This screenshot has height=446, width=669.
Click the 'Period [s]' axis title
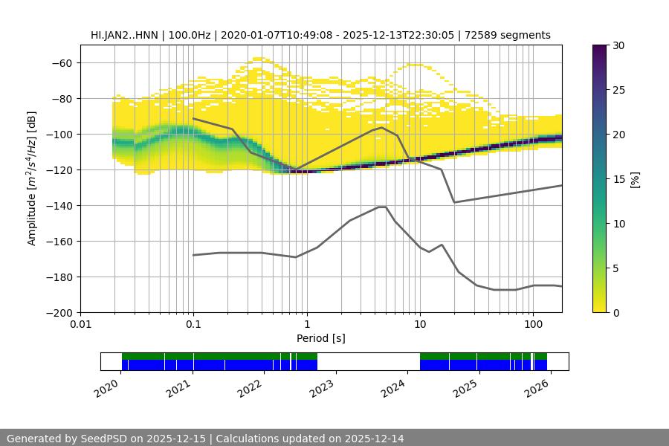click(x=321, y=338)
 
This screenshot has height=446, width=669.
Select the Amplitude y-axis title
click(x=32, y=178)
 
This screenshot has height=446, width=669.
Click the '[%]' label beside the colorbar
click(x=635, y=179)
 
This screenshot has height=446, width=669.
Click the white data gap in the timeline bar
click(x=368, y=361)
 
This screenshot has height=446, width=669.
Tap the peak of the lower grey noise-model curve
click(x=382, y=207)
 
